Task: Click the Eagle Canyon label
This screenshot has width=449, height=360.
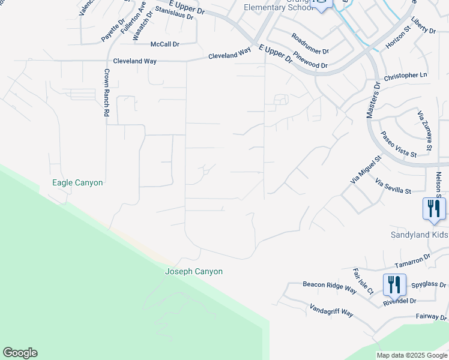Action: click(77, 182)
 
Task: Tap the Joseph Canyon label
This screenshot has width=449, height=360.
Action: click(194, 272)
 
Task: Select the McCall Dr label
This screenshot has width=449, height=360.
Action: click(165, 44)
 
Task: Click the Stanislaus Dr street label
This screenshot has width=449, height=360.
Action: click(175, 13)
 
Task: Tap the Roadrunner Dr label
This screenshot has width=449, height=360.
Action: click(310, 44)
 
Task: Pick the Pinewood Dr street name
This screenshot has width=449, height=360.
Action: click(311, 63)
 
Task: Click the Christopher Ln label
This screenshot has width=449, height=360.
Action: click(405, 76)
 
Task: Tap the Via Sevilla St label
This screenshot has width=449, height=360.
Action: click(393, 186)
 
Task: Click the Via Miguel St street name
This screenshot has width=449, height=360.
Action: click(366, 170)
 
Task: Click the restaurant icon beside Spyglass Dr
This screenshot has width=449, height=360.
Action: click(394, 284)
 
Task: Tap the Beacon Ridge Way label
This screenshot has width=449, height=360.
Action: click(330, 286)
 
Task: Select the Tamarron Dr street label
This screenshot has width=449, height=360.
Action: click(413, 259)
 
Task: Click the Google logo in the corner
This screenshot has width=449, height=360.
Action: click(20, 353)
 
